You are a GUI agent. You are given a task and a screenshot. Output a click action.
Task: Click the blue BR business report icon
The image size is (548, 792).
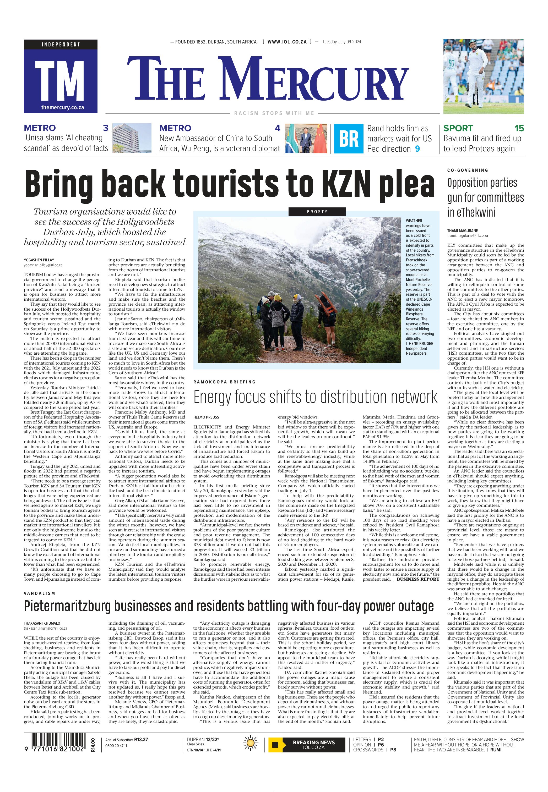click(349, 138)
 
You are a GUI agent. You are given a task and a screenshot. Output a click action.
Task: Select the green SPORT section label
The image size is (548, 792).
click(458, 128)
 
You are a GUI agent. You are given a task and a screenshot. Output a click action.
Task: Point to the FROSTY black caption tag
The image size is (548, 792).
click(317, 212)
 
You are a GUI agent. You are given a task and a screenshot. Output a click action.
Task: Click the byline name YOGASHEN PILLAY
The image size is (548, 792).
click(39, 260)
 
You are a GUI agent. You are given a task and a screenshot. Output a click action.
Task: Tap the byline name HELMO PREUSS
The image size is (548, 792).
click(206, 417)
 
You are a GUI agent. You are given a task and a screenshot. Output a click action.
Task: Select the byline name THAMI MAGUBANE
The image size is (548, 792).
click(462, 230)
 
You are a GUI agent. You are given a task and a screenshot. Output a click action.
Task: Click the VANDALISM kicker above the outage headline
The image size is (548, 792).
click(40, 593)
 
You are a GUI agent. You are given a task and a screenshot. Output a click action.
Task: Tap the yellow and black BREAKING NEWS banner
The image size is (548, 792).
click(306, 745)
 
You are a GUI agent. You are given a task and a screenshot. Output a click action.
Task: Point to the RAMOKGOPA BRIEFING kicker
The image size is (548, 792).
click(225, 382)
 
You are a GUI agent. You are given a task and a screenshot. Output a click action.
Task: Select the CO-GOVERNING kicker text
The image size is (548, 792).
click(467, 170)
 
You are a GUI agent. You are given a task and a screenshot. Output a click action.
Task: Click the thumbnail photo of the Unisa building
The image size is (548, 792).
click(132, 138)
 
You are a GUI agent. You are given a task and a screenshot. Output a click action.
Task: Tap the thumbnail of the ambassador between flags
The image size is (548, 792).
click(306, 138)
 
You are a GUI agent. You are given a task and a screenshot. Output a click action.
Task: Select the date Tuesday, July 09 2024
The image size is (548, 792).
click(342, 42)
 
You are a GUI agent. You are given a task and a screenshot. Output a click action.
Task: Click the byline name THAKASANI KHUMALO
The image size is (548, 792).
click(42, 623)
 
